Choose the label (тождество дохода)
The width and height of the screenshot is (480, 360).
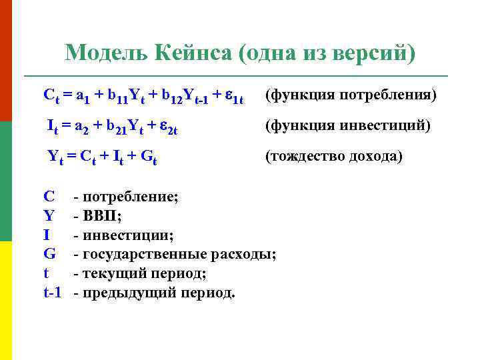tap(333, 157)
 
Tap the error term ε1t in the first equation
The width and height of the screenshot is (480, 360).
tap(233, 97)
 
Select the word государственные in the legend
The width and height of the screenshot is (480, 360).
tap(145, 254)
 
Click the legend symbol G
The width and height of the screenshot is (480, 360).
tap(49, 254)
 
